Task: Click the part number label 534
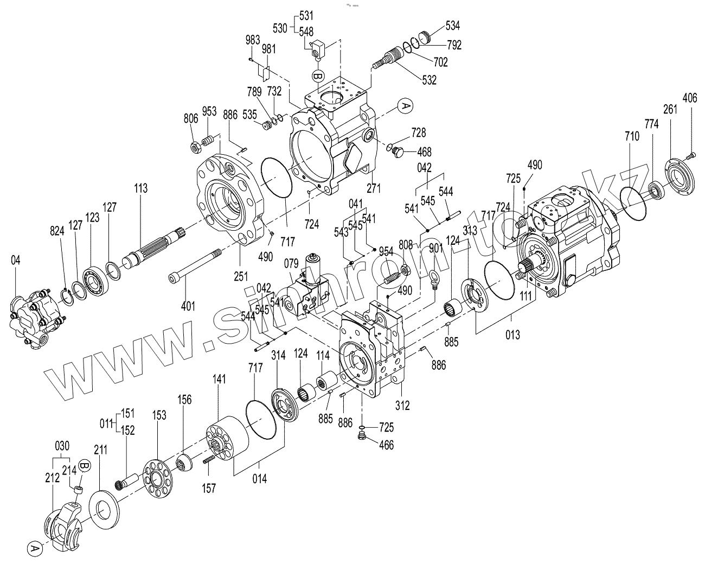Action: (x=453, y=26)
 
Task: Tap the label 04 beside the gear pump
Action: (x=16, y=261)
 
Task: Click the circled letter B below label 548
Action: (x=318, y=74)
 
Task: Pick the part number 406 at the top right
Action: (x=689, y=98)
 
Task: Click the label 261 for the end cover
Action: (x=670, y=109)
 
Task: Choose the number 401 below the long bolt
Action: (x=188, y=306)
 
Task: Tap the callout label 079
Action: (x=292, y=264)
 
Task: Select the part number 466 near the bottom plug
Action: (x=386, y=446)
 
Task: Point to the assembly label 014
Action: (x=259, y=479)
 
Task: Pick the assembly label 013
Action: (x=512, y=334)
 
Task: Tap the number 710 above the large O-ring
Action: (x=632, y=137)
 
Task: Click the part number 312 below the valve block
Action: (x=402, y=404)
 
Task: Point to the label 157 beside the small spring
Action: (x=208, y=488)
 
